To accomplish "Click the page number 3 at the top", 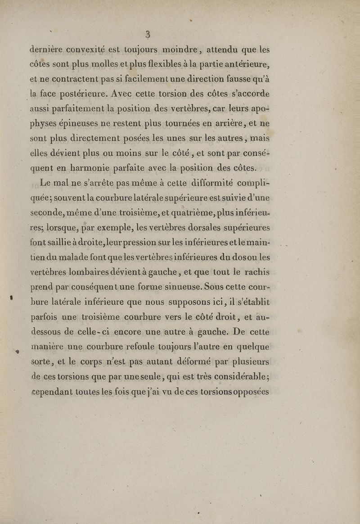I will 147,34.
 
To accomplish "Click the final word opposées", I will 247,392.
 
